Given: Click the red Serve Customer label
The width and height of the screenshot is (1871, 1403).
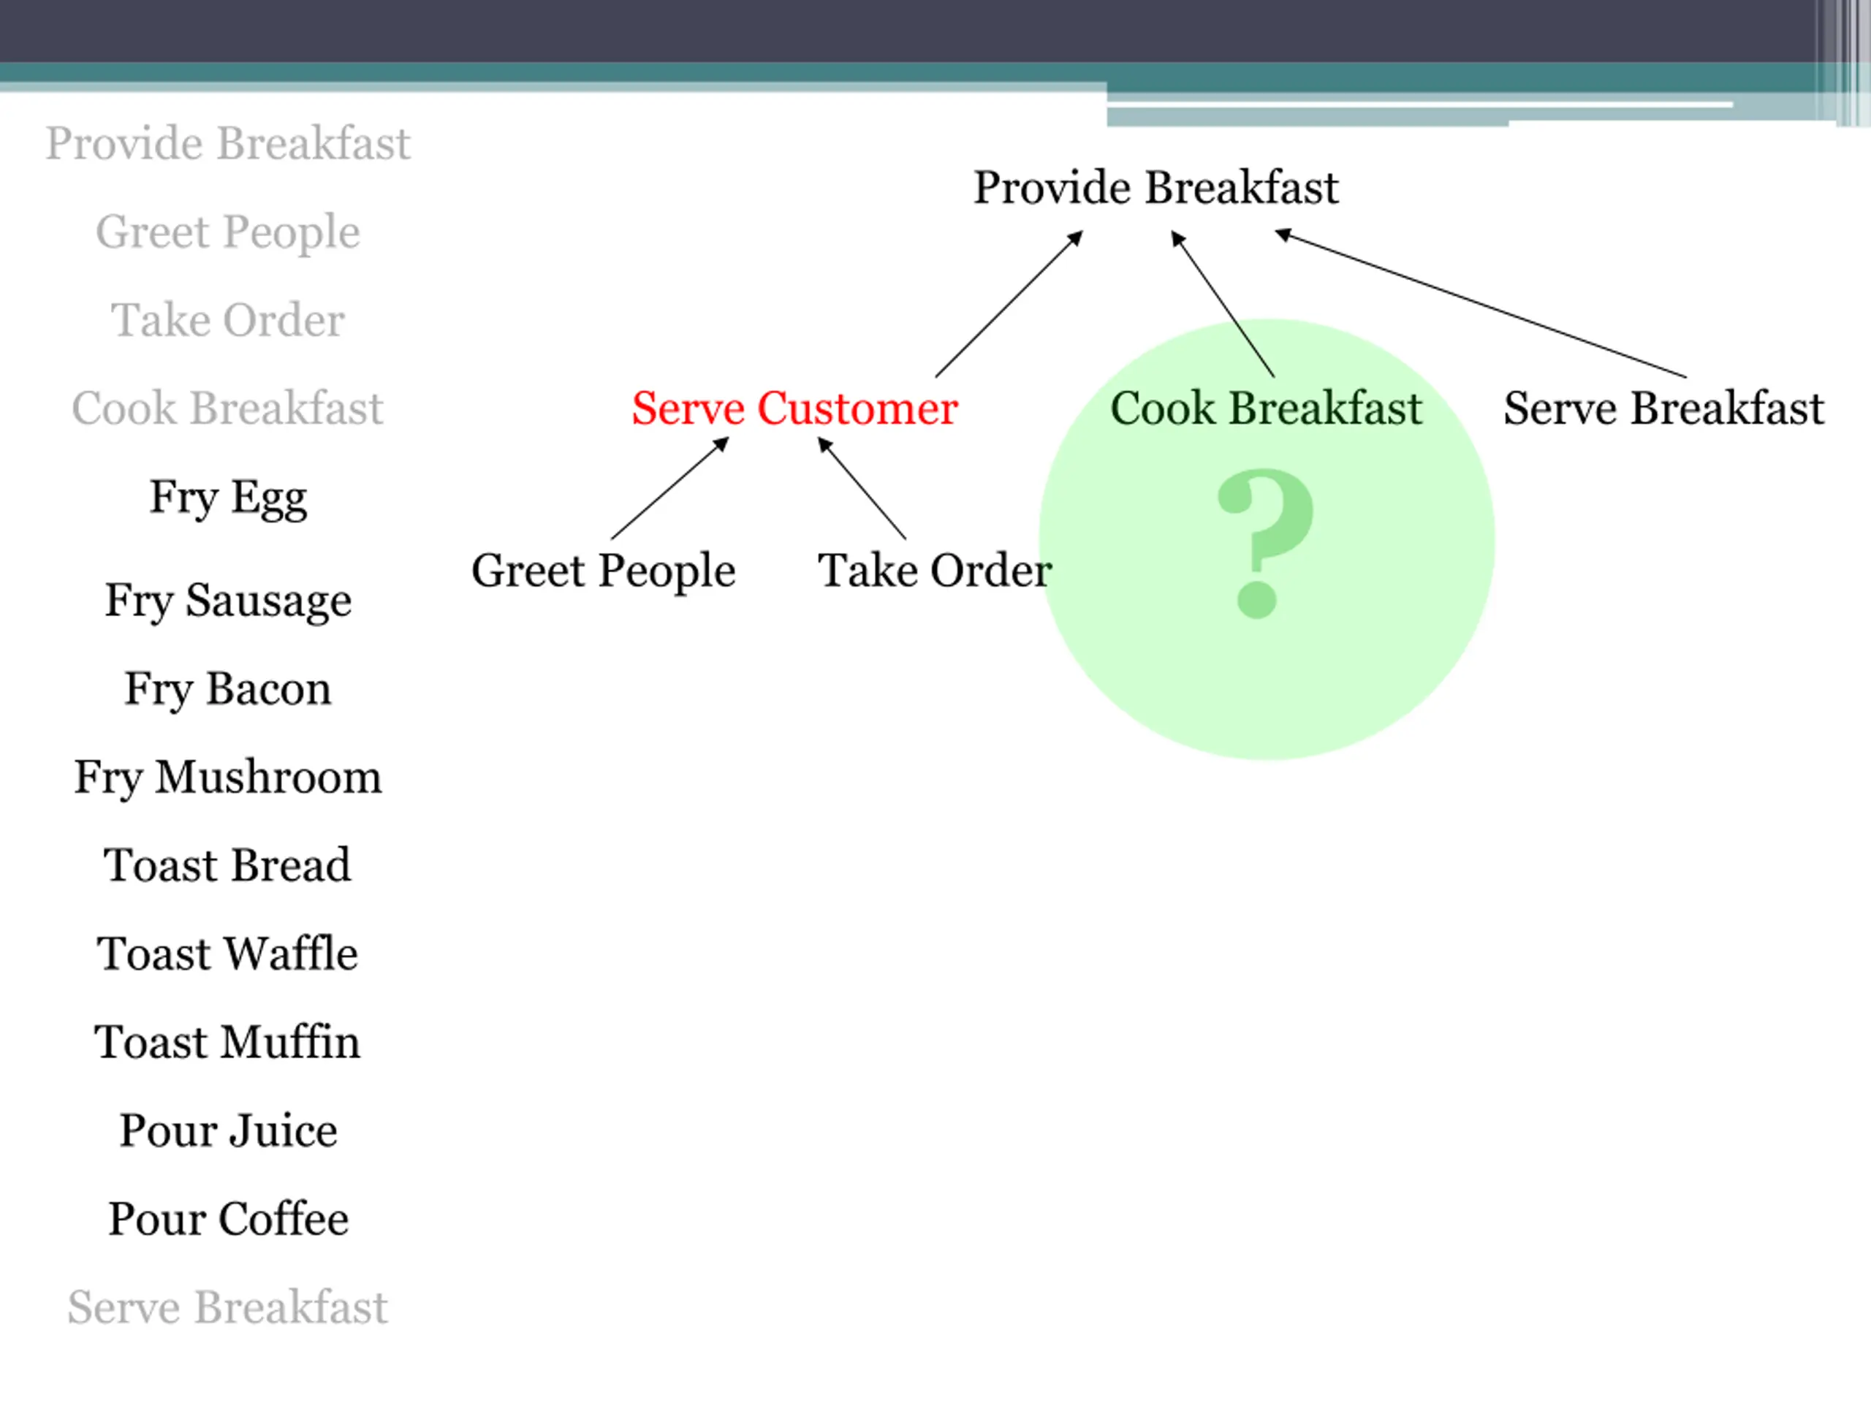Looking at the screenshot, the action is [x=794, y=408].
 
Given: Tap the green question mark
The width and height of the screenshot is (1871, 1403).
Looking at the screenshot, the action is [x=1264, y=541].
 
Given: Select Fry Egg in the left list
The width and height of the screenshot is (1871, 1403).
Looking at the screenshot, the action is [x=227, y=498].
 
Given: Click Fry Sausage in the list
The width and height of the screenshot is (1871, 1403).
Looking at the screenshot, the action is [x=227, y=601].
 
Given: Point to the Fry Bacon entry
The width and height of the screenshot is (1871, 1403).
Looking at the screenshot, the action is [x=227, y=688].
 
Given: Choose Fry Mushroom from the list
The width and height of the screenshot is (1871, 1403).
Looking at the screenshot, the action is [x=227, y=777].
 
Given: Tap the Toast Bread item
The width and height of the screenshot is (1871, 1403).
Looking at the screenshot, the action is [x=227, y=865].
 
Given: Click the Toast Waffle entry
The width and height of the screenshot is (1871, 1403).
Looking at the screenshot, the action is [x=227, y=954].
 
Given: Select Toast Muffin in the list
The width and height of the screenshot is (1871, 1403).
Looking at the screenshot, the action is [x=227, y=1042].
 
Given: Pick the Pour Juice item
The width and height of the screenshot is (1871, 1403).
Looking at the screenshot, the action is [x=227, y=1130].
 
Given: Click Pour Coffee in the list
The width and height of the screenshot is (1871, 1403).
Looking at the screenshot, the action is [x=227, y=1219].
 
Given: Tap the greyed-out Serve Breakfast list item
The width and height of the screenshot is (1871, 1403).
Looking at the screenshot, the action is [x=227, y=1307].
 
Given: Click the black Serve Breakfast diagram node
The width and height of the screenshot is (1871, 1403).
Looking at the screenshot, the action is [x=1663, y=408].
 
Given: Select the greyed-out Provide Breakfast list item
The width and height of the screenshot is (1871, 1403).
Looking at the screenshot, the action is [x=227, y=143].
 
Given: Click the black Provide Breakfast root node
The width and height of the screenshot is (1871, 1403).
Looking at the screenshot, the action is [x=1155, y=188].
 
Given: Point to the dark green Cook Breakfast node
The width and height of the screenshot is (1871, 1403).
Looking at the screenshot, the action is [x=1265, y=408].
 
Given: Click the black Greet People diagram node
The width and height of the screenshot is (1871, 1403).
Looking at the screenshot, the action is [x=603, y=571].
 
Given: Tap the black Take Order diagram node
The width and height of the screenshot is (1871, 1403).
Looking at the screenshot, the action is [x=934, y=571].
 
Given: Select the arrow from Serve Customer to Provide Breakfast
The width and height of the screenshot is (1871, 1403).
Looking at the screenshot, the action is [x=1009, y=305].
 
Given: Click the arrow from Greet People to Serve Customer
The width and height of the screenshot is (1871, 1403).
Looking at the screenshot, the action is [x=669, y=489].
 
